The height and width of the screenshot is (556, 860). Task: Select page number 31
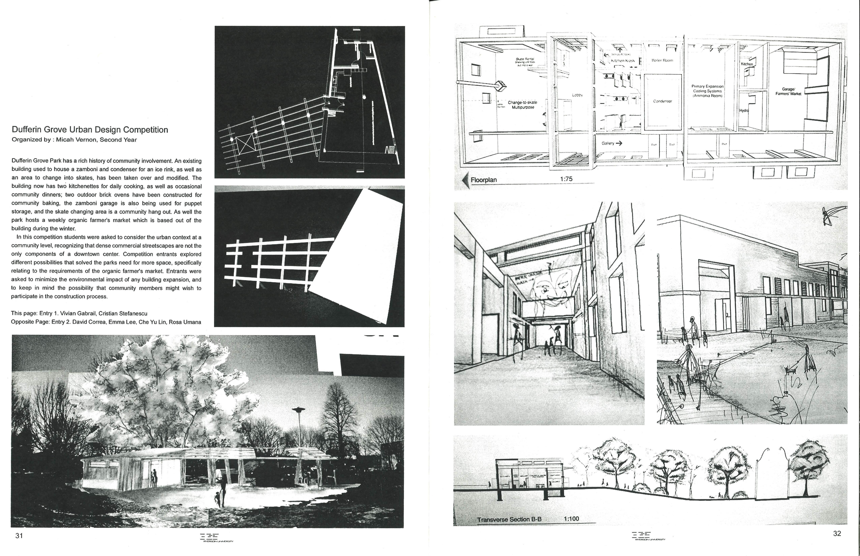click(19, 536)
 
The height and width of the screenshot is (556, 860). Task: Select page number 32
click(837, 534)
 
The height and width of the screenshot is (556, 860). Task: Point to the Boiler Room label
click(662, 61)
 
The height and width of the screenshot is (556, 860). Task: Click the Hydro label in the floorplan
click(744, 111)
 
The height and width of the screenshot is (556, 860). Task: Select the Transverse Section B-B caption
click(509, 520)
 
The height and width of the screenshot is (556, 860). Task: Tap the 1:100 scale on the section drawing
click(571, 519)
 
